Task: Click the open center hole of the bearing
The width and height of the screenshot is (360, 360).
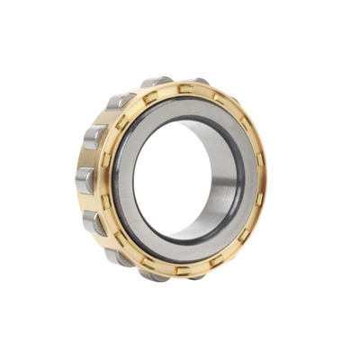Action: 171,184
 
